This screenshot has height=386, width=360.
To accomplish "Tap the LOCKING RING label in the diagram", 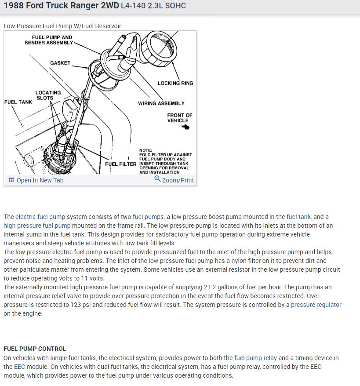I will coord(175,83).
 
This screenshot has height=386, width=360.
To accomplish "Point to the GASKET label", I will coord(60,63).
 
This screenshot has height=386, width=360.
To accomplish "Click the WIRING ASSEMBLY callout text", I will coord(161,103).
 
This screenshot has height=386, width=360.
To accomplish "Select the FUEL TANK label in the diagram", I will coord(18,102).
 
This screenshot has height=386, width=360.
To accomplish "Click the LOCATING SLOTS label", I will coord(48,95).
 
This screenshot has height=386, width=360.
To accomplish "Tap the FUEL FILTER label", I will coord(121,164).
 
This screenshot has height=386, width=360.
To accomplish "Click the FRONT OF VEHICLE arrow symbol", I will coord(185,127).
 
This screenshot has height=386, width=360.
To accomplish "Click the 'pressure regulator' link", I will coord(316,305).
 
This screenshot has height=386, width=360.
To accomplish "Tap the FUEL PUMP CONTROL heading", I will coord(35,349).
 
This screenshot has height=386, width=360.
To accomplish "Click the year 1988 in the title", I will coord(15,6).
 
